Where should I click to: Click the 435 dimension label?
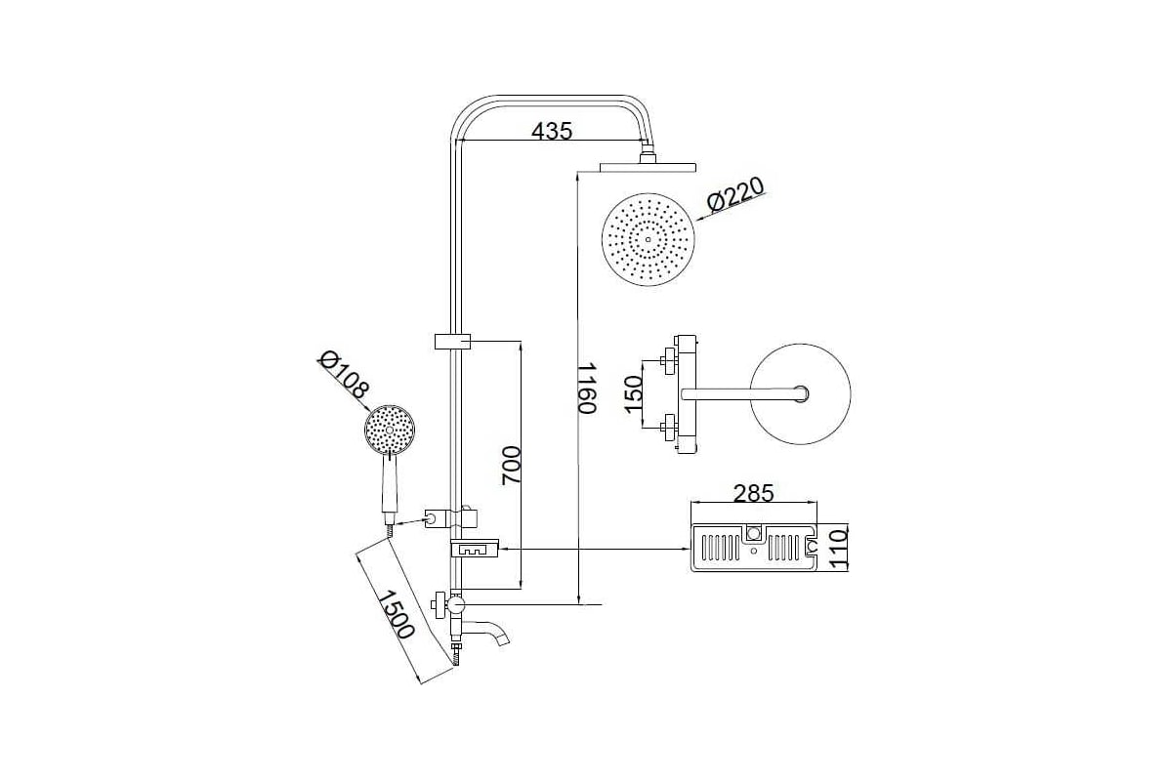click(552, 131)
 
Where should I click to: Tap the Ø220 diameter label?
click(735, 194)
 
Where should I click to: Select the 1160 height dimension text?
click(587, 389)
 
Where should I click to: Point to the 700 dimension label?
click(511, 465)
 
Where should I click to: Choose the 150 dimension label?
click(633, 393)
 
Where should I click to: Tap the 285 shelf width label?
click(753, 493)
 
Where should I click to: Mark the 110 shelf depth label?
click(838, 550)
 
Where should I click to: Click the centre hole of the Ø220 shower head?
click(648, 239)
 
